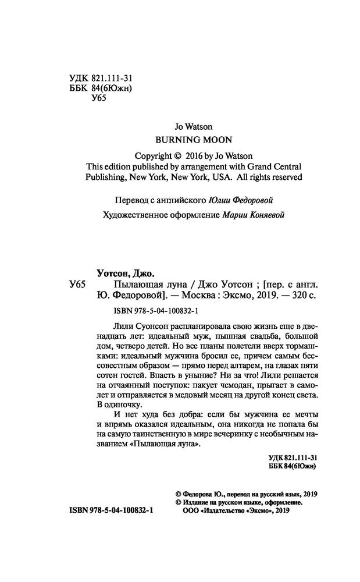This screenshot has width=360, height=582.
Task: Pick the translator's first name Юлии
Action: [219, 200]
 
